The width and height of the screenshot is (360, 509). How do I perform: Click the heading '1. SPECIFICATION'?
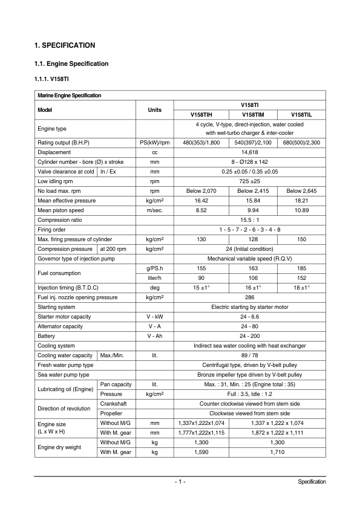[65, 45]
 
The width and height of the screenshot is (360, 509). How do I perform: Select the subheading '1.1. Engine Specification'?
[71, 63]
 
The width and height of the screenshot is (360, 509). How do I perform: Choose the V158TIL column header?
[301, 114]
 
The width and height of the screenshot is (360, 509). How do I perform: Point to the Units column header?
[154, 109]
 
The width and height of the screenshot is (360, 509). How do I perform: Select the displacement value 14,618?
[250, 152]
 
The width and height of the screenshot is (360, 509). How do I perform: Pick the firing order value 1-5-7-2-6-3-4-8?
[250, 230]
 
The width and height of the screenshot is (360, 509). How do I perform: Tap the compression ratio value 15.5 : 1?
[250, 220]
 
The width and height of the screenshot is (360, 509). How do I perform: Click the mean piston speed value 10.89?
[301, 210]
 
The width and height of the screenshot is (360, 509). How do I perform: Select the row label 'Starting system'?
[56, 307]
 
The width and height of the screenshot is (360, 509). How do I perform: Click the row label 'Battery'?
[46, 336]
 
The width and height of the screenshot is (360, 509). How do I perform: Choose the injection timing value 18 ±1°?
[301, 288]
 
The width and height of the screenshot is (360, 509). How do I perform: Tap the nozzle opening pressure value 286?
[250, 297]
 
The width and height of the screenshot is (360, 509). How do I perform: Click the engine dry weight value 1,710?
[277, 452]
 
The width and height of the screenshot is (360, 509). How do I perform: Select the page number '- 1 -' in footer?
[180, 482]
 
